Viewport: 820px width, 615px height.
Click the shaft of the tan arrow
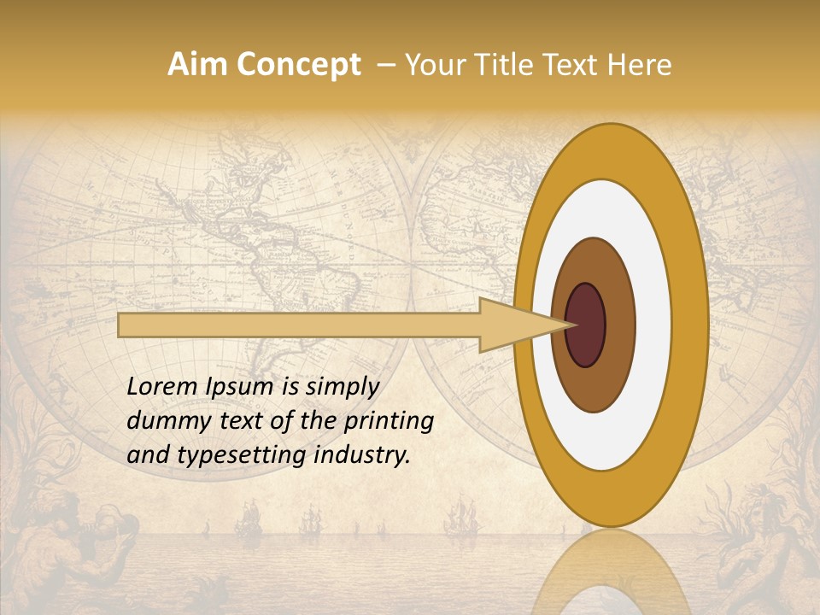299,325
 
